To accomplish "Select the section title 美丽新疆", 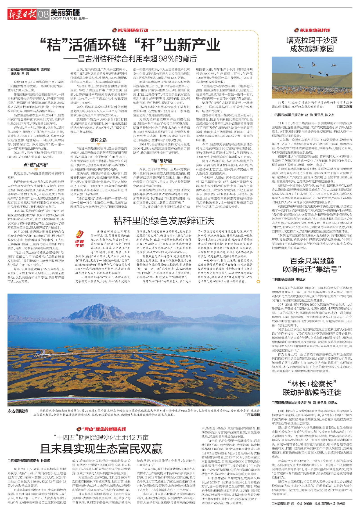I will [65, 12].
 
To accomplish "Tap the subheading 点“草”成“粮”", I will [36, 165].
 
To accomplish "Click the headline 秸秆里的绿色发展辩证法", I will [164, 221].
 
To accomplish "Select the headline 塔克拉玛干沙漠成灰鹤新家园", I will [312, 44].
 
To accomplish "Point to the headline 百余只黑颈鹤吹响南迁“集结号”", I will [312, 265].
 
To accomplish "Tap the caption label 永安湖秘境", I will [18, 411].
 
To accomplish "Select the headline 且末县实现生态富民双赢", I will [101, 449].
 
